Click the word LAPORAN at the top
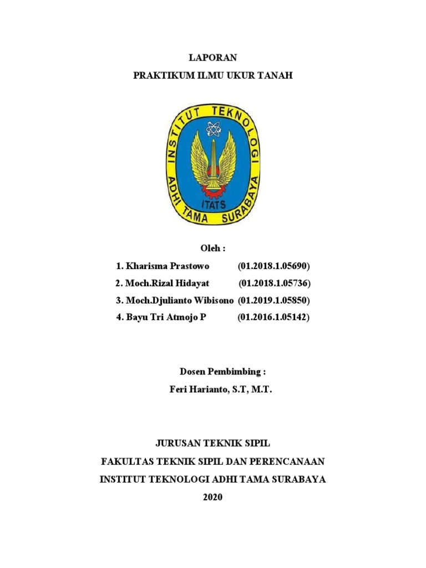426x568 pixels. pyautogui.click(x=213, y=58)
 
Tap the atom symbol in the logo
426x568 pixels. pyautogui.click(x=213, y=129)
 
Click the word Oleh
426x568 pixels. pyautogui.click(x=210, y=248)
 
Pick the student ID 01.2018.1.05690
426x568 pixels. pyautogui.click(x=273, y=266)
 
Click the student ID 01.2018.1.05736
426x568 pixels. pyautogui.click(x=275, y=283)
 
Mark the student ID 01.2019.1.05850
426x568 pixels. pyautogui.click(x=273, y=301)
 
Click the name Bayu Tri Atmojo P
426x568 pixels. pyautogui.click(x=165, y=318)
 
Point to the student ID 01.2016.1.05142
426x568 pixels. pyautogui.click(x=273, y=318)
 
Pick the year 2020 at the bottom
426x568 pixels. pyautogui.click(x=212, y=497)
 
